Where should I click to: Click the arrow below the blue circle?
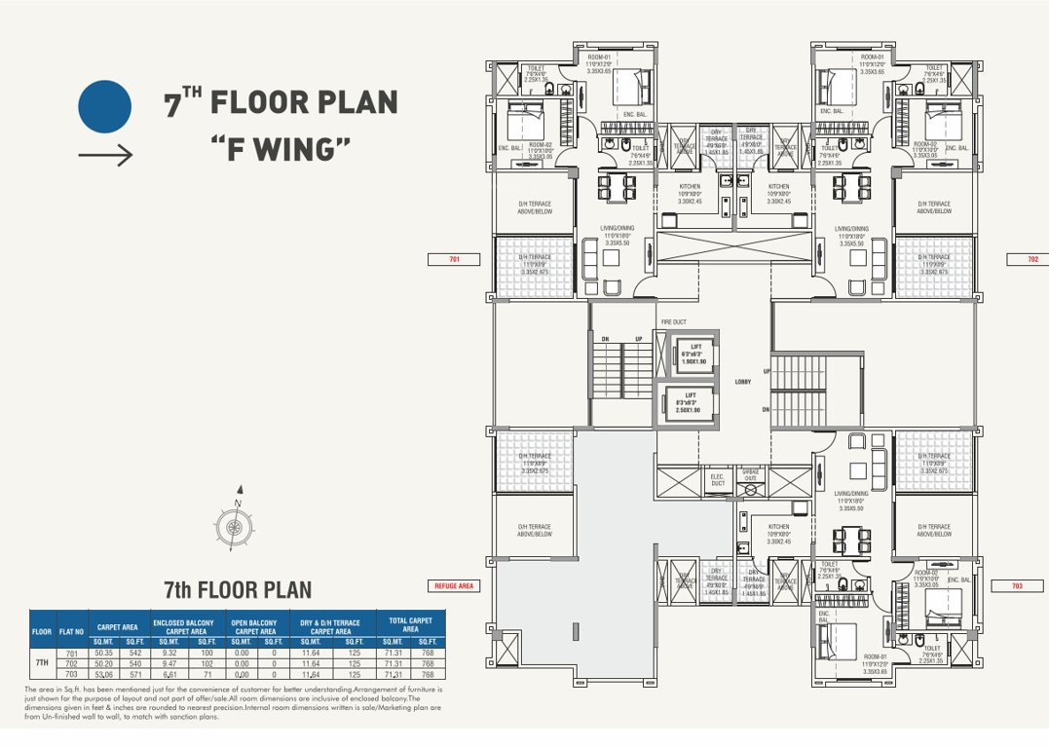104,155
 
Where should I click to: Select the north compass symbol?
235,526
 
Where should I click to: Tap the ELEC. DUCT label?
718,480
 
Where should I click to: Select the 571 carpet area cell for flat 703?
135,673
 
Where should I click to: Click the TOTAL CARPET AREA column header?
411,625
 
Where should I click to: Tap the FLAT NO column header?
71,632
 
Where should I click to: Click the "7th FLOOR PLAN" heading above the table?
237,589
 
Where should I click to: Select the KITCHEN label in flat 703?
778,528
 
